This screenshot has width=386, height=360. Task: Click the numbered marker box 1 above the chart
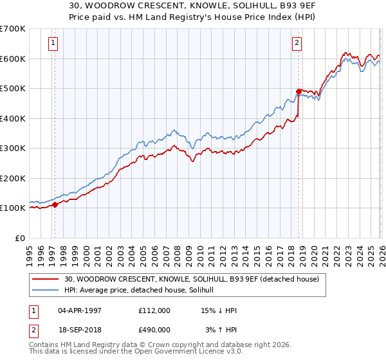coord(52,44)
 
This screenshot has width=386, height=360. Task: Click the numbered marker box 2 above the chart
coord(297,44)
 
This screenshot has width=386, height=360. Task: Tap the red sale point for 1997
coord(55,205)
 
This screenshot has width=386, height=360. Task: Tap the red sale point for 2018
coord(299,92)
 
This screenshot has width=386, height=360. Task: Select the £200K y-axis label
coord(13,178)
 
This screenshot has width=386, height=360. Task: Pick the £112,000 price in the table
coord(154,310)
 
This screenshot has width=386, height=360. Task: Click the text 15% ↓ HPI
coord(219,310)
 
